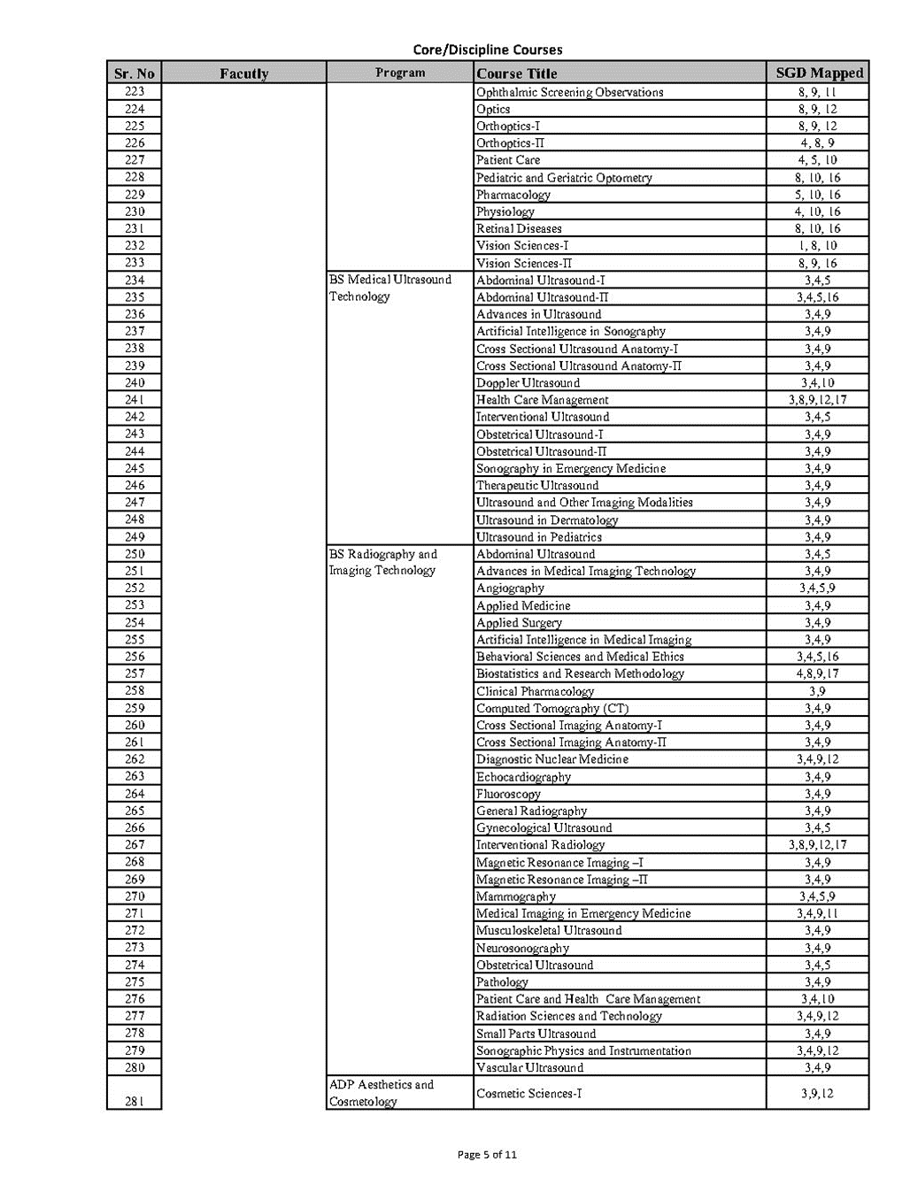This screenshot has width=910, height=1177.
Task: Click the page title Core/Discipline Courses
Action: (487, 50)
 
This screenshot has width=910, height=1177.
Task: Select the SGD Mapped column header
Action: (818, 73)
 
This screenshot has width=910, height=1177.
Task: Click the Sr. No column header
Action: (135, 73)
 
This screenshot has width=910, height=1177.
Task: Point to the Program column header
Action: (400, 73)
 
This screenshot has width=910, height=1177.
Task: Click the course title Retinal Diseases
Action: (519, 228)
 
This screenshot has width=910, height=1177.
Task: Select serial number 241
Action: (135, 400)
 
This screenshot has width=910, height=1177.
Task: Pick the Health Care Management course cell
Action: (543, 400)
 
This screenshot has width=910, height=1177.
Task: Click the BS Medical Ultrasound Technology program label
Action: (390, 288)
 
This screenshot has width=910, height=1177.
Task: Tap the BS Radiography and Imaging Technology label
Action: (383, 563)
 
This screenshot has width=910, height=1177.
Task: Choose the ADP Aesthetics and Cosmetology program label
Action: (382, 1093)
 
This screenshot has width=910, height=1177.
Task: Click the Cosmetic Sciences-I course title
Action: (529, 1093)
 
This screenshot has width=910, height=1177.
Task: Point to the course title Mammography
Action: (516, 896)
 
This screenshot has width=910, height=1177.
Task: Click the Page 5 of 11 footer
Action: (487, 1154)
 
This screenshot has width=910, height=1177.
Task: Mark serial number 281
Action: (135, 1101)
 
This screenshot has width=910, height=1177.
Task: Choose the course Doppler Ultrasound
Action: (528, 383)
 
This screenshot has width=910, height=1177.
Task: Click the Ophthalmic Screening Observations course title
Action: (569, 92)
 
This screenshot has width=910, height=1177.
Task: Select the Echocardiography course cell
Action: (524, 777)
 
